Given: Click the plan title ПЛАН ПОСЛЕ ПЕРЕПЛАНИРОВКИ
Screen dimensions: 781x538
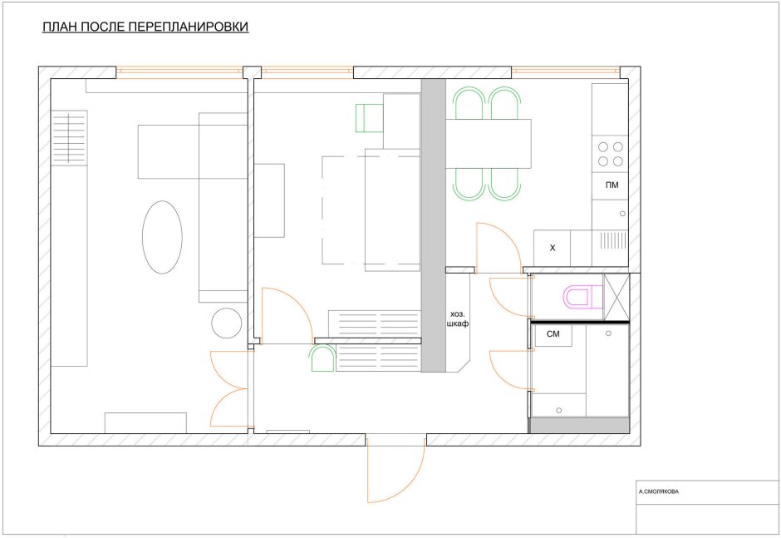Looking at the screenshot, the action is (x=145, y=27).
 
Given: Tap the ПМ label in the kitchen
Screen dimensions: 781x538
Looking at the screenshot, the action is (x=612, y=185).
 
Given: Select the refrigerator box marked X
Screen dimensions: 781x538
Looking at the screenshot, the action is (x=552, y=248).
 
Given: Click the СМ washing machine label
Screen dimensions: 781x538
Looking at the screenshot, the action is (x=553, y=334).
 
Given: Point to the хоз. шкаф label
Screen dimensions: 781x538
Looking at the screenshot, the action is (x=459, y=319).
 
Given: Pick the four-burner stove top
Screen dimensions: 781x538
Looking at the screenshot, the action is (x=610, y=154).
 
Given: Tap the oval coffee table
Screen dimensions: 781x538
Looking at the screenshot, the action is (x=162, y=237).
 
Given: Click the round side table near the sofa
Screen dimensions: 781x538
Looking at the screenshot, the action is (x=227, y=323).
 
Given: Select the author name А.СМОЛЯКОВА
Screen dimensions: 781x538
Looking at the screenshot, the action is (x=659, y=491).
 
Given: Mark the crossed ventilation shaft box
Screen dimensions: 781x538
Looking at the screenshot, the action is (x=616, y=297).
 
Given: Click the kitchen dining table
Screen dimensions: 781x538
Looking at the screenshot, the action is (x=489, y=144).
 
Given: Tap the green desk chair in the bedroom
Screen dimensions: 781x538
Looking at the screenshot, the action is (x=369, y=118).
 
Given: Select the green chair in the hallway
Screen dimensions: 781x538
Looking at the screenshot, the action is (x=322, y=358).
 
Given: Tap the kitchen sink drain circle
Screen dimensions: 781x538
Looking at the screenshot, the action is (x=622, y=214).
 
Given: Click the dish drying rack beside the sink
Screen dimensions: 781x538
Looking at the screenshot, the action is (x=614, y=240).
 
